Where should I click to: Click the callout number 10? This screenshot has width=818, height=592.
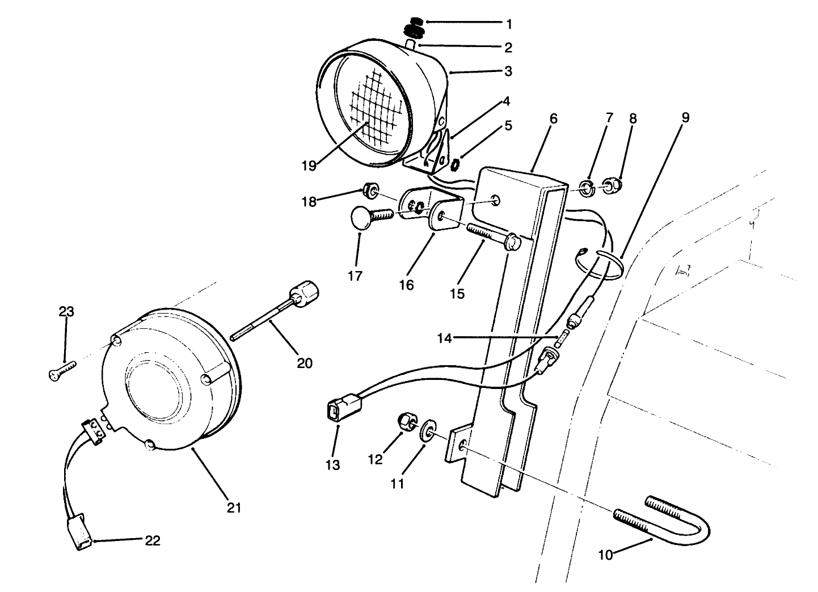coord(605,555)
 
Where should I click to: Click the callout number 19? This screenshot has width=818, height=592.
coord(308,166)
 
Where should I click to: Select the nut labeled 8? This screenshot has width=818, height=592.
coord(610,185)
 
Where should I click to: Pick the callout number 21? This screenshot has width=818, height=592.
coord(234,508)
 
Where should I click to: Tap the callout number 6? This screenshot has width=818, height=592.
coord(554,119)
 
